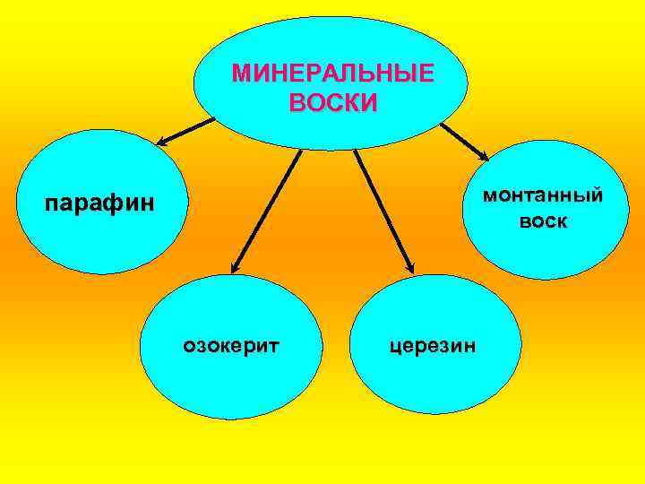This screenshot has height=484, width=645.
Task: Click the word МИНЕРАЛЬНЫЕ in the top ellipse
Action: pos(332,73)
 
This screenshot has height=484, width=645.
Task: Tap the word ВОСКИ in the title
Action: pos(333,101)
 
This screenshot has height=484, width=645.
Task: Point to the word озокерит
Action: pos(232,343)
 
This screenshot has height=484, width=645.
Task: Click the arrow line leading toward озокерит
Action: pos(269,206)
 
